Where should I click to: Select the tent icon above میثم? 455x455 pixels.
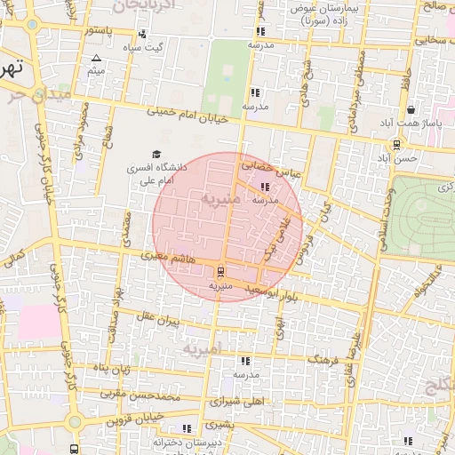[96, 58]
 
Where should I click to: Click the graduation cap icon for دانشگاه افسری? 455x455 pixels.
[157, 154]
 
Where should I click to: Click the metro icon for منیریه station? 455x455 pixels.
[220, 272]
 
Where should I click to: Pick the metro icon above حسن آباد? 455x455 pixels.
[396, 144]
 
